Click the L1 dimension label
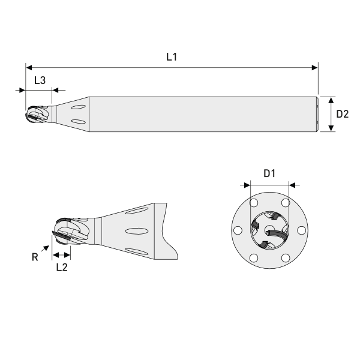(x=172, y=57)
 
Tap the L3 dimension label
(x=40, y=80)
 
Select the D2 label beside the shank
(x=342, y=113)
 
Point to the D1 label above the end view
(x=269, y=173)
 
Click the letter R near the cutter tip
(x=35, y=256)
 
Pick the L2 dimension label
(x=61, y=268)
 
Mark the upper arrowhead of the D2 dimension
(x=331, y=100)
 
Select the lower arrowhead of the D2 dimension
(x=331, y=128)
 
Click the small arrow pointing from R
(x=46, y=247)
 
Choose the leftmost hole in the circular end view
(x=237, y=229)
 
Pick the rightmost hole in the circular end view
(x=302, y=229)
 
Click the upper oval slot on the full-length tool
(x=78, y=107)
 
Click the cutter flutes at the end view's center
(x=269, y=230)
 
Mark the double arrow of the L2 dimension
(x=61, y=255)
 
